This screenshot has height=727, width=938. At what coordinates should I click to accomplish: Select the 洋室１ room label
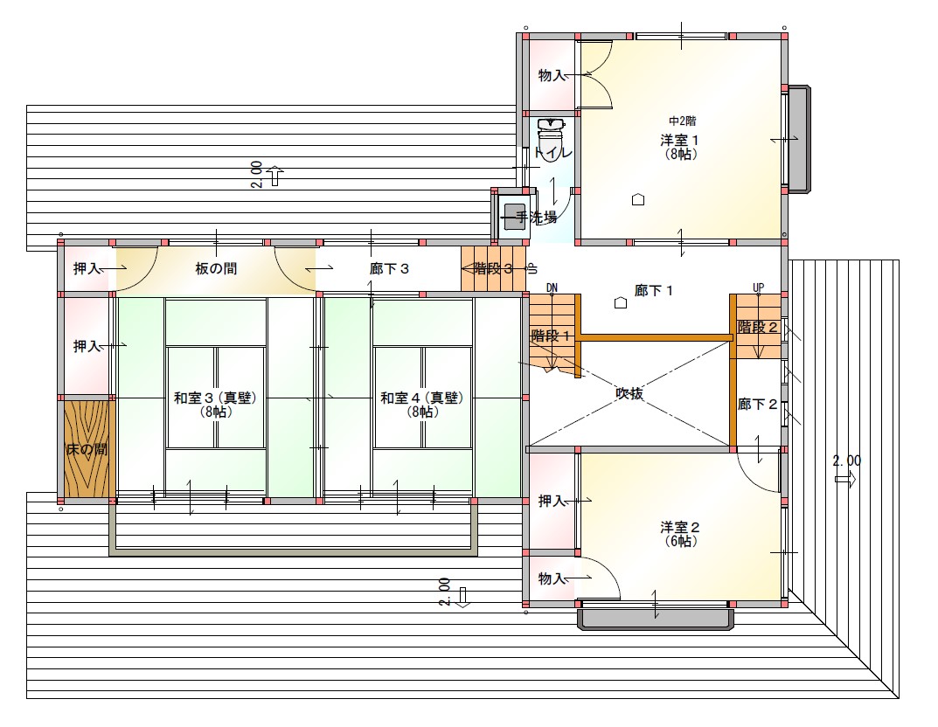click(x=679, y=141)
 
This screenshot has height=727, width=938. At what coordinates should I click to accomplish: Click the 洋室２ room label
click(x=680, y=527)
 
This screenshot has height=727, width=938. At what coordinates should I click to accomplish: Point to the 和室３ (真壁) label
click(x=215, y=398)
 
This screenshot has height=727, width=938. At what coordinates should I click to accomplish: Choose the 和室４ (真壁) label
click(x=422, y=398)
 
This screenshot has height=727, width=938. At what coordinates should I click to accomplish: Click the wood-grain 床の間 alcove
click(x=87, y=448)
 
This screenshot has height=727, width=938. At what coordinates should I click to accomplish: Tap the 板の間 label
click(x=216, y=268)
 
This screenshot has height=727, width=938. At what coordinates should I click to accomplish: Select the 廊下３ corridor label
click(x=389, y=268)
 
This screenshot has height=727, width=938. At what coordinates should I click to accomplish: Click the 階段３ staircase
click(x=493, y=268)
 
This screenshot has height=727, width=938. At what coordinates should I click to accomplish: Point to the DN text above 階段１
click(x=552, y=287)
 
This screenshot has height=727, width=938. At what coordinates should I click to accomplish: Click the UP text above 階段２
click(x=758, y=287)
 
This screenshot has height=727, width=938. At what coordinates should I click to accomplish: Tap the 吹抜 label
click(x=629, y=393)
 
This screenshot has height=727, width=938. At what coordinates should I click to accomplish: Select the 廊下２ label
click(x=757, y=405)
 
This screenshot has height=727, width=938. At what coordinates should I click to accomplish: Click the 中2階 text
click(x=683, y=121)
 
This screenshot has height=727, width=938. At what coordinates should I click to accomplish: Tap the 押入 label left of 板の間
click(x=87, y=268)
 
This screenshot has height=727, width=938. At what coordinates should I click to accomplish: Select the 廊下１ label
click(x=654, y=291)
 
